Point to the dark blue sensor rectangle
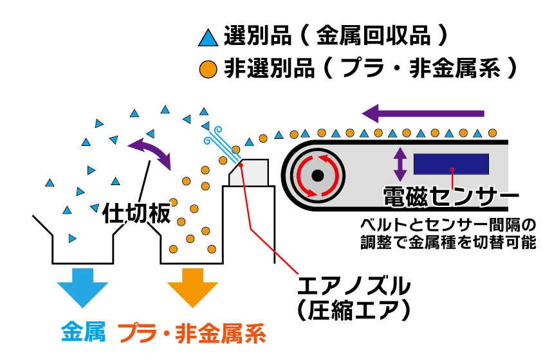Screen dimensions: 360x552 tap(450, 164)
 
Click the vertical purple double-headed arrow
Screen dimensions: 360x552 tap(400, 164)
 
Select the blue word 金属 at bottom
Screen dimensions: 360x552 tap(83, 332)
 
